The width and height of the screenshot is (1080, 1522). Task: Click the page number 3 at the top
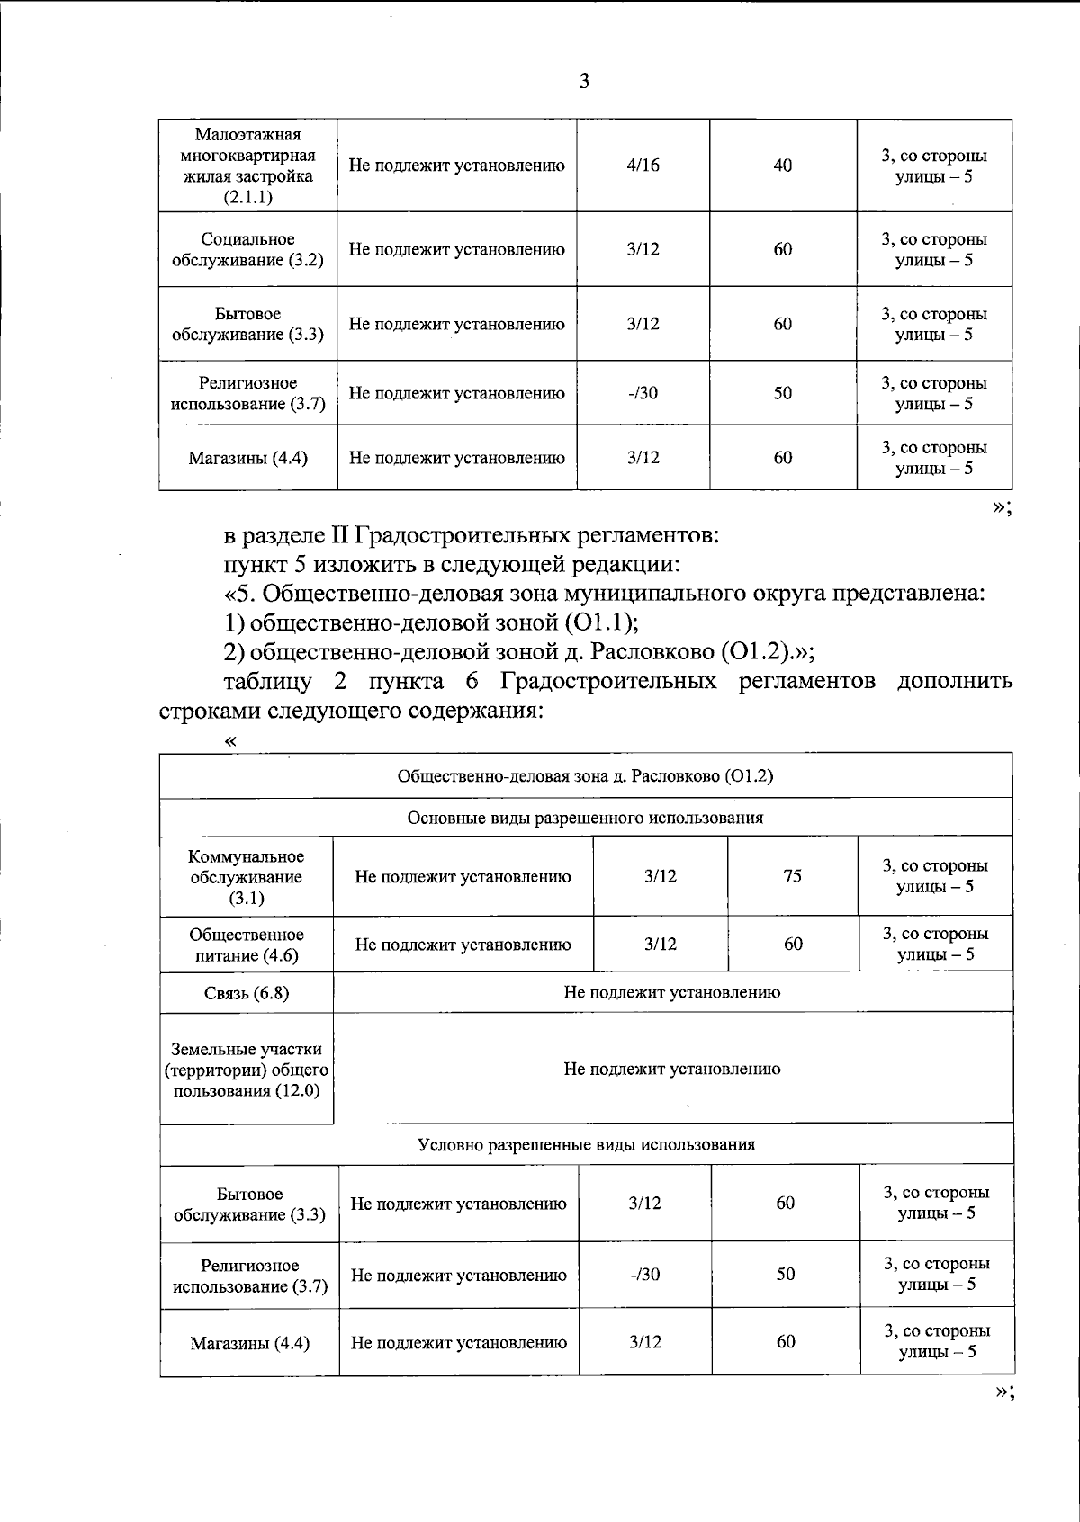[584, 82]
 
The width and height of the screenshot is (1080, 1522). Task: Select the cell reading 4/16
[643, 166]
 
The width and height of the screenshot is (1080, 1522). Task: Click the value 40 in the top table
[783, 166]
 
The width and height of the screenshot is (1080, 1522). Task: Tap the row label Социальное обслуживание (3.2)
[247, 249]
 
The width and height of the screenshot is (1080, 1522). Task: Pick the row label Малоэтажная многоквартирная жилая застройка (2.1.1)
[247, 166]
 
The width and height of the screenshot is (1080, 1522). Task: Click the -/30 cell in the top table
[643, 393]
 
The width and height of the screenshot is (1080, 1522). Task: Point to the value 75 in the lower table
[792, 875]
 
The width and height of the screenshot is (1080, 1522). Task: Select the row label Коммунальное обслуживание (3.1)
[246, 876]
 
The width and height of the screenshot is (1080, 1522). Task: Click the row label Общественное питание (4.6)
[246, 945]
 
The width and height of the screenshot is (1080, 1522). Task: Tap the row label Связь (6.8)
[246, 992]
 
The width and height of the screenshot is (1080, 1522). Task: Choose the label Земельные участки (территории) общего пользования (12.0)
[246, 1070]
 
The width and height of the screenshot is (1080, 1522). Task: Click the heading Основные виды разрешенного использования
[585, 818]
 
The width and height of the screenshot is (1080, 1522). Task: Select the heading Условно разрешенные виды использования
[586, 1144]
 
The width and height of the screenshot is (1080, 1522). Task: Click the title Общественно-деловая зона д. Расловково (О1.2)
[585, 775]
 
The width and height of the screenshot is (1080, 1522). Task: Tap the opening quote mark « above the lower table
[231, 740]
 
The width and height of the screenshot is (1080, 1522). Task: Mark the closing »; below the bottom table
[1003, 1391]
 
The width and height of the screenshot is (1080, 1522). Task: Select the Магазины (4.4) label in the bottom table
[249, 1343]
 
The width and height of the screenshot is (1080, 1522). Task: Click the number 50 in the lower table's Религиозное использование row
[785, 1274]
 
